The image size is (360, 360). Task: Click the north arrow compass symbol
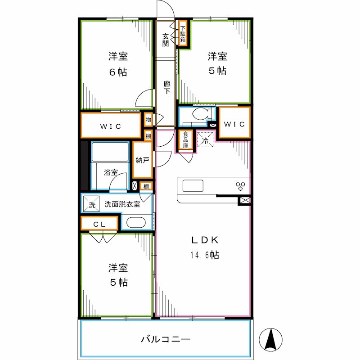click(x=272, y=339)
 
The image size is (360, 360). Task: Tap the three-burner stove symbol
click(x=240, y=185)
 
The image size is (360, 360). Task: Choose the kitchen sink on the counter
click(x=193, y=185)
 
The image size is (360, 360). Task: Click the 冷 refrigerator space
click(x=205, y=140)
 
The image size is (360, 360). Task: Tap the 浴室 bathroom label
click(x=111, y=172)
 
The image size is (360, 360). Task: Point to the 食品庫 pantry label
click(x=185, y=140)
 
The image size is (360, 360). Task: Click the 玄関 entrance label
click(x=166, y=40)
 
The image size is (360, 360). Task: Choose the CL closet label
click(x=99, y=224)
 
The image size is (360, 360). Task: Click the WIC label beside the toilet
click(x=234, y=124)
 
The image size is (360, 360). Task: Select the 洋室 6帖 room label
click(x=117, y=64)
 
